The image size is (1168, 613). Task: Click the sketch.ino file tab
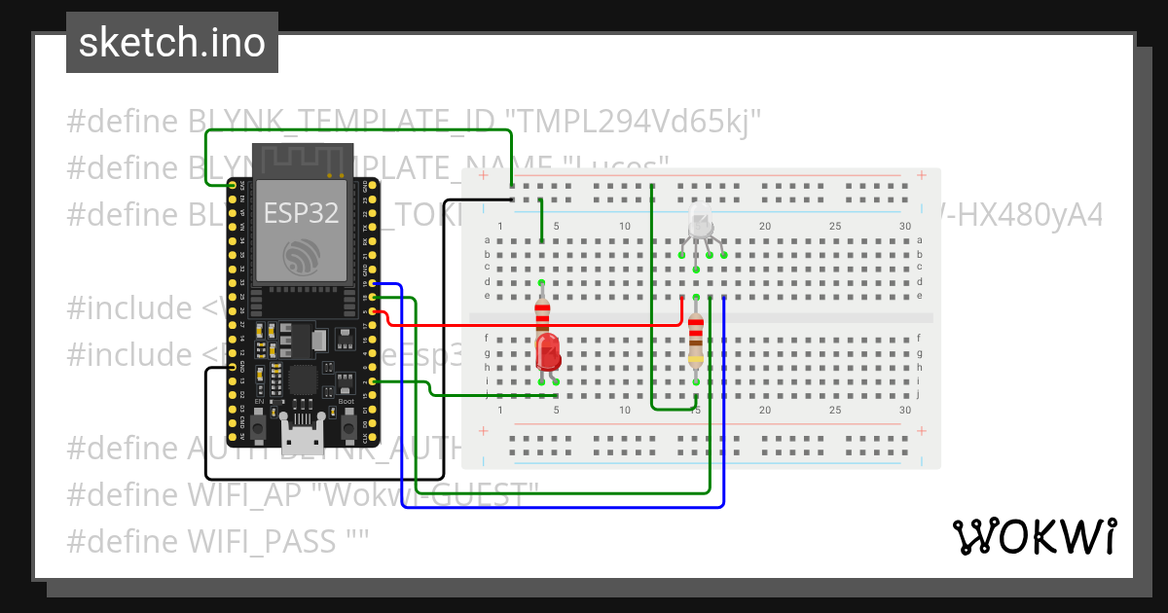pyautogui.click(x=171, y=43)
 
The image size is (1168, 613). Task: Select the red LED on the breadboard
pyautogui.click(x=548, y=352)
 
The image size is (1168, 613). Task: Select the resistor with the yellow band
pyautogui.click(x=696, y=341)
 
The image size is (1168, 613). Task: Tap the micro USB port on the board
pyautogui.click(x=302, y=435)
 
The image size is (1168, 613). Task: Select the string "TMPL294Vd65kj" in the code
pyautogui.click(x=638, y=122)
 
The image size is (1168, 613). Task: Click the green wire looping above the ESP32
pyautogui.click(x=360, y=130)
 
